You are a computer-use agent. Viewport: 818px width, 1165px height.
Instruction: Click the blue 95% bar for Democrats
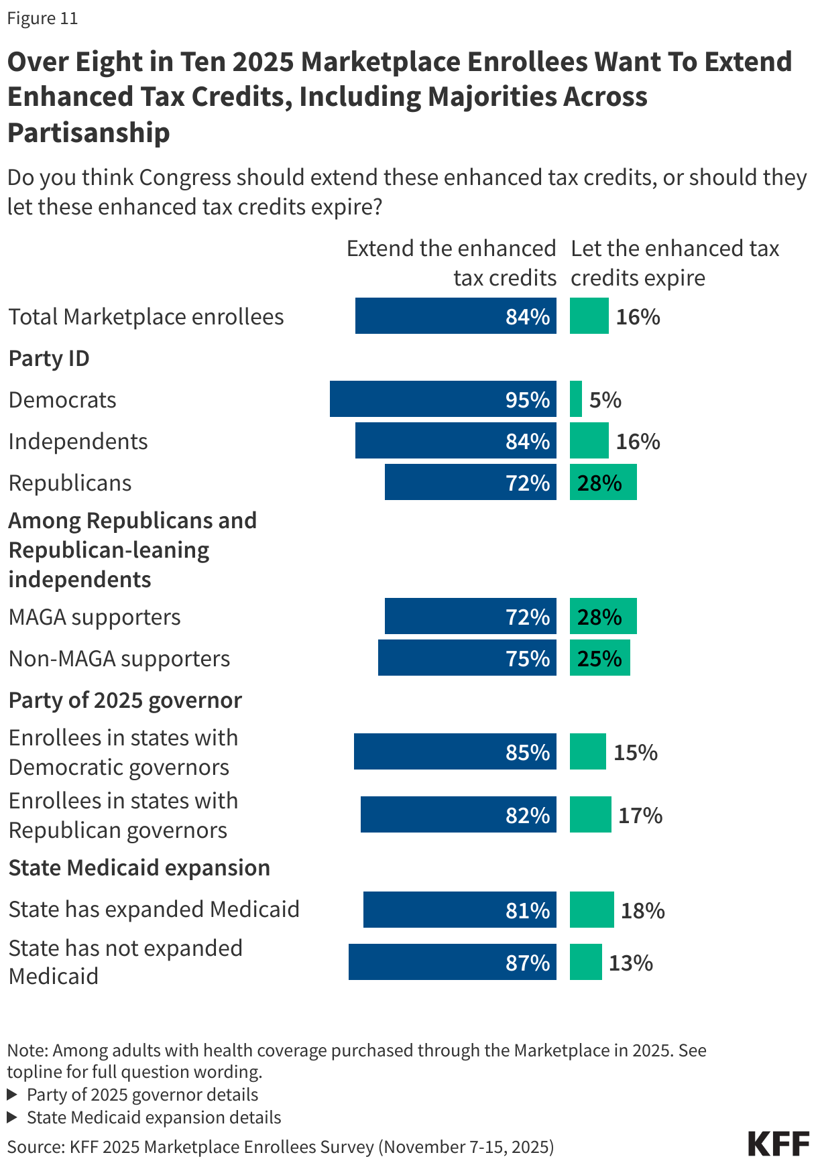tap(443, 399)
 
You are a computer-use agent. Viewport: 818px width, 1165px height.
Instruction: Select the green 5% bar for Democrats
tap(575, 399)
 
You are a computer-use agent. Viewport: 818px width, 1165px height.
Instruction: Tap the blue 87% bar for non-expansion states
tap(452, 962)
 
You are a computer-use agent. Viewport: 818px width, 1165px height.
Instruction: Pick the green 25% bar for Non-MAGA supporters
tap(599, 658)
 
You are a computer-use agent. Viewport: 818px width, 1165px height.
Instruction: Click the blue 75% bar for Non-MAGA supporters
tap(467, 658)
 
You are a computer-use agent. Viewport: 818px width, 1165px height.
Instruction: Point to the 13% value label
tap(630, 963)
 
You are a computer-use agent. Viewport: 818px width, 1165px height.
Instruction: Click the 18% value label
tap(642, 910)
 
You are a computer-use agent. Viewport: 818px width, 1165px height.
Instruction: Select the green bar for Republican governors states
tap(590, 814)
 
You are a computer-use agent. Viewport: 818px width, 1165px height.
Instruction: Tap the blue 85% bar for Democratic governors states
tap(455, 751)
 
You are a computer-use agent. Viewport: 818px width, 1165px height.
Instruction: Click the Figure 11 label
tap(42, 18)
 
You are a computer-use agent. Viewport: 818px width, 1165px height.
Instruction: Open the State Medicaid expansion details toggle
tap(144, 1117)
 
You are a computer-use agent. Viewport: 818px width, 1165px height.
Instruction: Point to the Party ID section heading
tap(49, 358)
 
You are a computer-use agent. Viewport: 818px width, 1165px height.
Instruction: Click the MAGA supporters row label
tap(95, 617)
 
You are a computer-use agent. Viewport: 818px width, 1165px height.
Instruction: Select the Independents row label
tap(78, 441)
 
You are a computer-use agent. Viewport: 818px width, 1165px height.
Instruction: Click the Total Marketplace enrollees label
tap(146, 316)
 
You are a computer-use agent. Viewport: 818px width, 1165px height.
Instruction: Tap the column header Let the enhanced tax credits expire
tap(674, 263)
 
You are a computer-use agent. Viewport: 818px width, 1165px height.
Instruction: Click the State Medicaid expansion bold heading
tap(139, 867)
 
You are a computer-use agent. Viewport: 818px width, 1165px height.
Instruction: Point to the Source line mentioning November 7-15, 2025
tap(280, 1147)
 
